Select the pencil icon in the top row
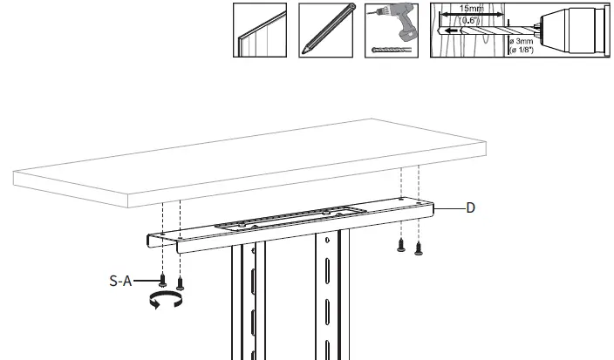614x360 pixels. coord(326,31)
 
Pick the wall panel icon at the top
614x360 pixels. coord(260,31)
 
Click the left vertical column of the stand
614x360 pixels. coord(242,305)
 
